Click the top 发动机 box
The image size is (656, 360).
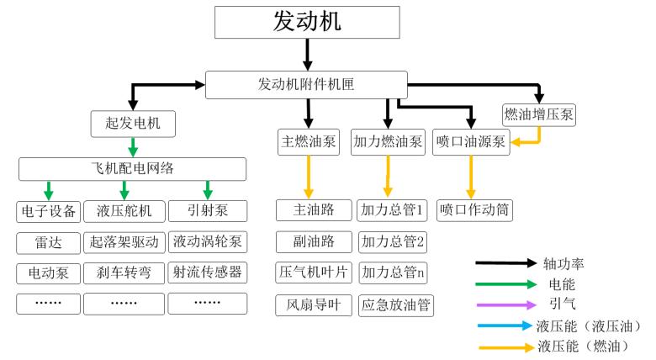(x=308, y=22)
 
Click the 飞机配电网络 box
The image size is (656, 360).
(x=132, y=168)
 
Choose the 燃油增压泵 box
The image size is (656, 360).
(x=538, y=114)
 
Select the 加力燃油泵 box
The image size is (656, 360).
(x=388, y=141)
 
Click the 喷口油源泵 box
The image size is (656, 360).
(x=471, y=141)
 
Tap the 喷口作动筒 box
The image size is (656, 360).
(x=476, y=209)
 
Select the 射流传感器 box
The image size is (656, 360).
(x=207, y=273)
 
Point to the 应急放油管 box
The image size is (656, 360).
(x=395, y=304)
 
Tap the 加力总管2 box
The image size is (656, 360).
(x=392, y=242)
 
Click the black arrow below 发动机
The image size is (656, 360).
(x=308, y=55)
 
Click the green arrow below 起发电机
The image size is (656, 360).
(x=132, y=146)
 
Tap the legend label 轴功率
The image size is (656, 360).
(x=564, y=264)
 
